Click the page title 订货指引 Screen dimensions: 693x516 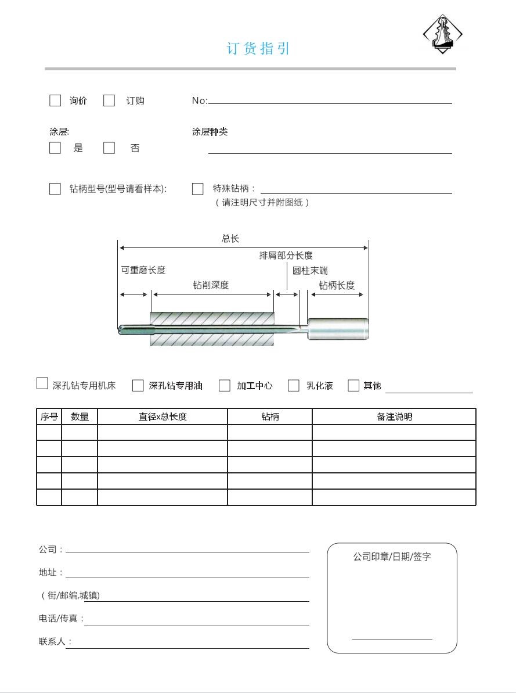coord(258,49)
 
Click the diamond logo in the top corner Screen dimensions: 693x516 coord(442,34)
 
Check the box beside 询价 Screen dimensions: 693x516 coord(55,100)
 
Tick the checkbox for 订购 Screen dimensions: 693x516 coord(109,100)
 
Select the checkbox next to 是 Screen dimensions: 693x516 coord(55,148)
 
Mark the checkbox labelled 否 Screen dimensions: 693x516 coord(109,148)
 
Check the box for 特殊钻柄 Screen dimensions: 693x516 coord(198,189)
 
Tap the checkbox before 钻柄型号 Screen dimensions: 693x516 coord(55,189)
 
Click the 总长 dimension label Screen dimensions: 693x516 coord(230,239)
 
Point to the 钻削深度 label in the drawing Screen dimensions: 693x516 coord(211,285)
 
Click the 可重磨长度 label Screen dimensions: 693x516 coord(143,270)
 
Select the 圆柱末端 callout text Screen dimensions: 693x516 coord(310,271)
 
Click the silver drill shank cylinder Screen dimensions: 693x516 coord(338,329)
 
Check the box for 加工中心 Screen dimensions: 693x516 coord(225,386)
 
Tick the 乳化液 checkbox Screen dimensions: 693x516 coord(294,386)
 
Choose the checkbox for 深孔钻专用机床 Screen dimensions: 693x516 coord(42,383)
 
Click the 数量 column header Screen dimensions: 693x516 coord(80,416)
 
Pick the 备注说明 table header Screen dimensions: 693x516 coord(394,416)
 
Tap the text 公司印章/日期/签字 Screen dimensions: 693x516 coord(392,556)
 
